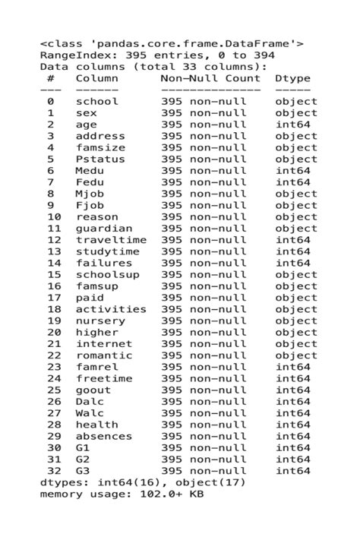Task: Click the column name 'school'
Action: tap(96, 102)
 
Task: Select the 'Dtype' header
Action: tap(292, 78)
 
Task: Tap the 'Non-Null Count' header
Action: tap(210, 78)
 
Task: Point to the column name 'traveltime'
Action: tap(111, 240)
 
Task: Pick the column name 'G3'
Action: tap(83, 471)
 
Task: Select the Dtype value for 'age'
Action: tap(292, 125)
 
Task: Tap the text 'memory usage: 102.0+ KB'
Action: tap(122, 494)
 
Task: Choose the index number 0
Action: tap(51, 102)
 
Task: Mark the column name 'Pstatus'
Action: tap(100, 159)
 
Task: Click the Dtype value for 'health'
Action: tap(292, 425)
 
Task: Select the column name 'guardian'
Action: tap(103, 229)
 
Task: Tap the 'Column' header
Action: tap(96, 78)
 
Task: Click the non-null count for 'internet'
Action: tap(204, 344)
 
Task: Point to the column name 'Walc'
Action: tap(90, 413)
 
